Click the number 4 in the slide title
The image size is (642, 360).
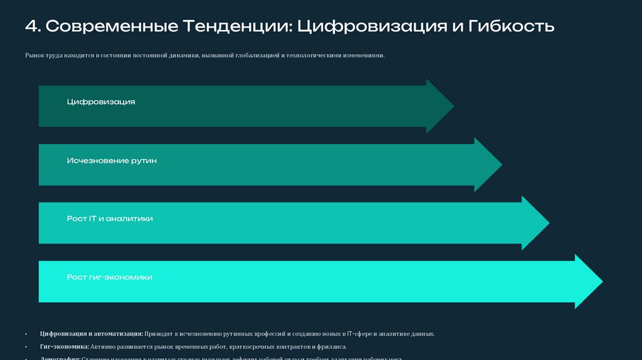(x=31, y=26)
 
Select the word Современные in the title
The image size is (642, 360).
(x=112, y=26)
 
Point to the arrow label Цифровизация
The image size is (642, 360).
(x=101, y=102)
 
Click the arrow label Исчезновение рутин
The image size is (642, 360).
(x=112, y=161)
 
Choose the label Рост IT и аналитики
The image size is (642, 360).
(x=110, y=219)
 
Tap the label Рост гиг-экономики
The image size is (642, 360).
(x=110, y=277)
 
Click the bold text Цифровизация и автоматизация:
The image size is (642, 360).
(x=92, y=334)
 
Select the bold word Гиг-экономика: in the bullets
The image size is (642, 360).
(x=64, y=347)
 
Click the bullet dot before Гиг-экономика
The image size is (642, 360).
(x=26, y=347)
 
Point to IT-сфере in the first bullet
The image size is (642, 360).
(x=359, y=334)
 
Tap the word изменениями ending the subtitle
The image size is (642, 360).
(x=362, y=56)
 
